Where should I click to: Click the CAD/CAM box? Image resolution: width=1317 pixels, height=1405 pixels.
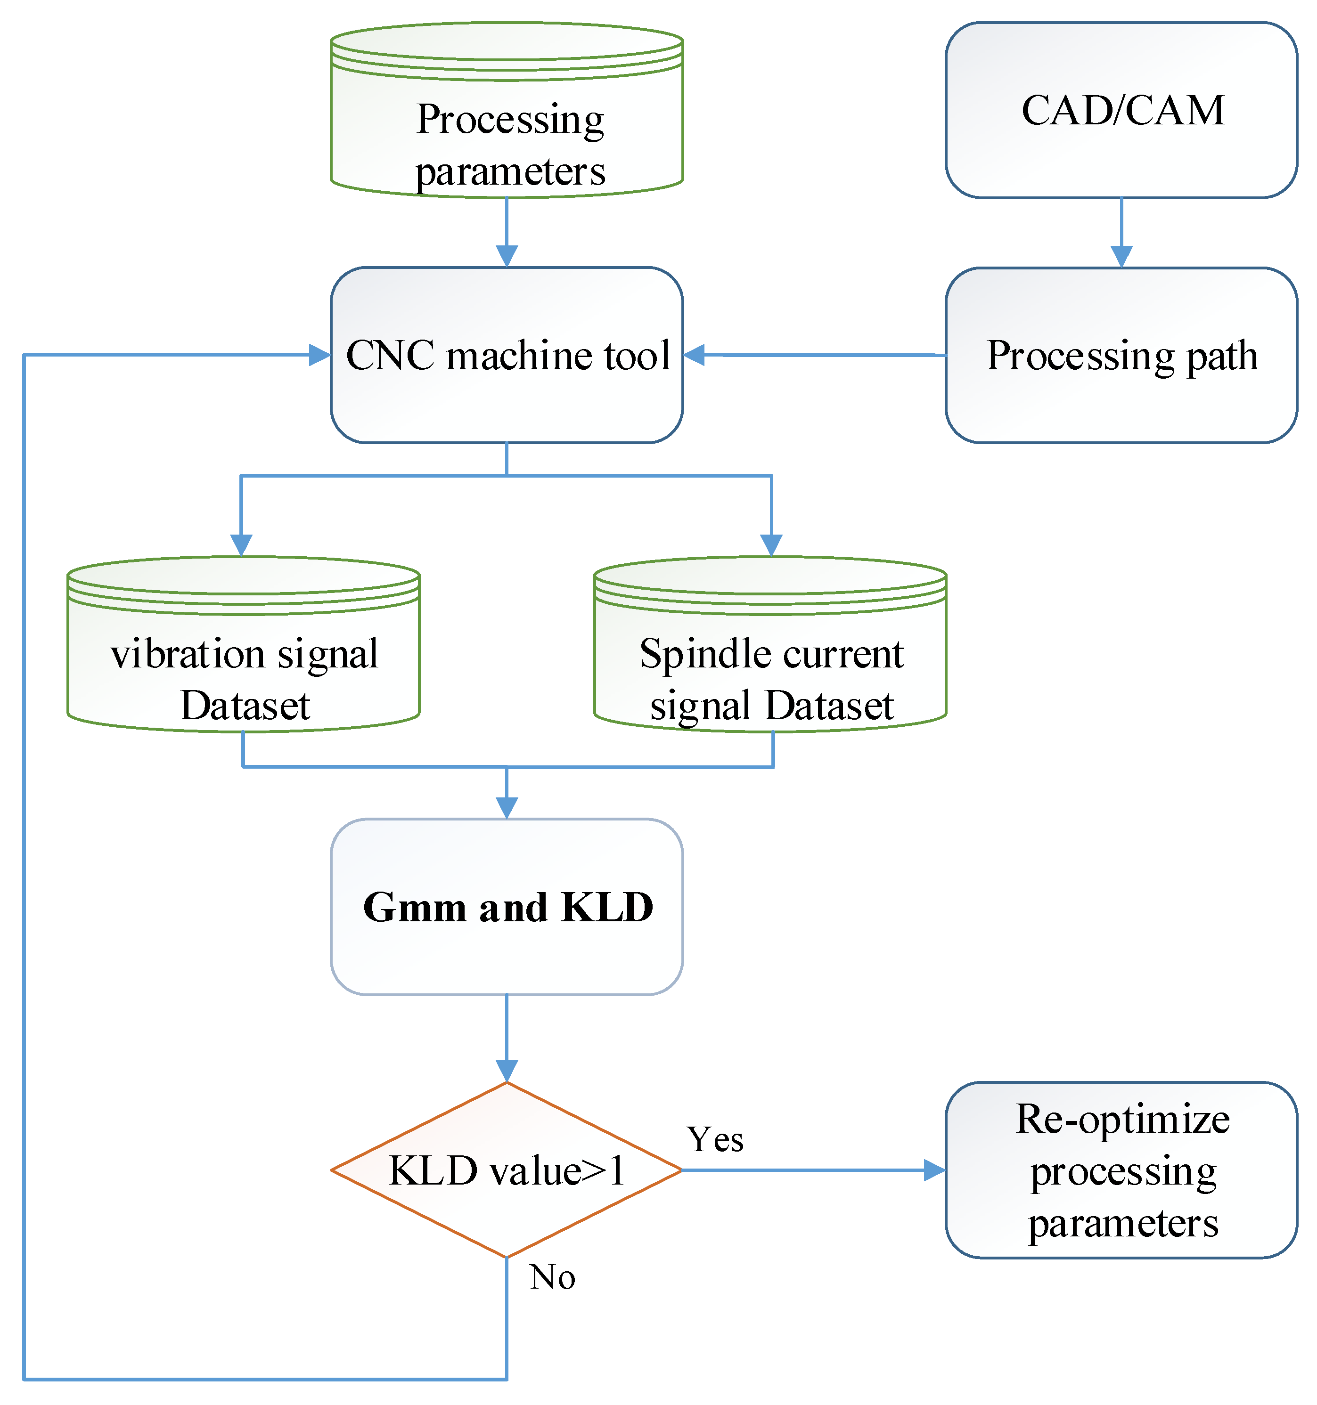coord(1121,110)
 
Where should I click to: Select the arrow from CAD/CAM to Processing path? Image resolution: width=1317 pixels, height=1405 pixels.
coord(1121,233)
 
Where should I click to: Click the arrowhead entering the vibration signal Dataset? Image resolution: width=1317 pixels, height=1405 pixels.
coord(242,544)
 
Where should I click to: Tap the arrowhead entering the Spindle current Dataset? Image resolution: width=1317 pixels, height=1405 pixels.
coord(770,544)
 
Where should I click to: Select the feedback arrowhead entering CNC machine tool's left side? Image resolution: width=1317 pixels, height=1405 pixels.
coord(319,355)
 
